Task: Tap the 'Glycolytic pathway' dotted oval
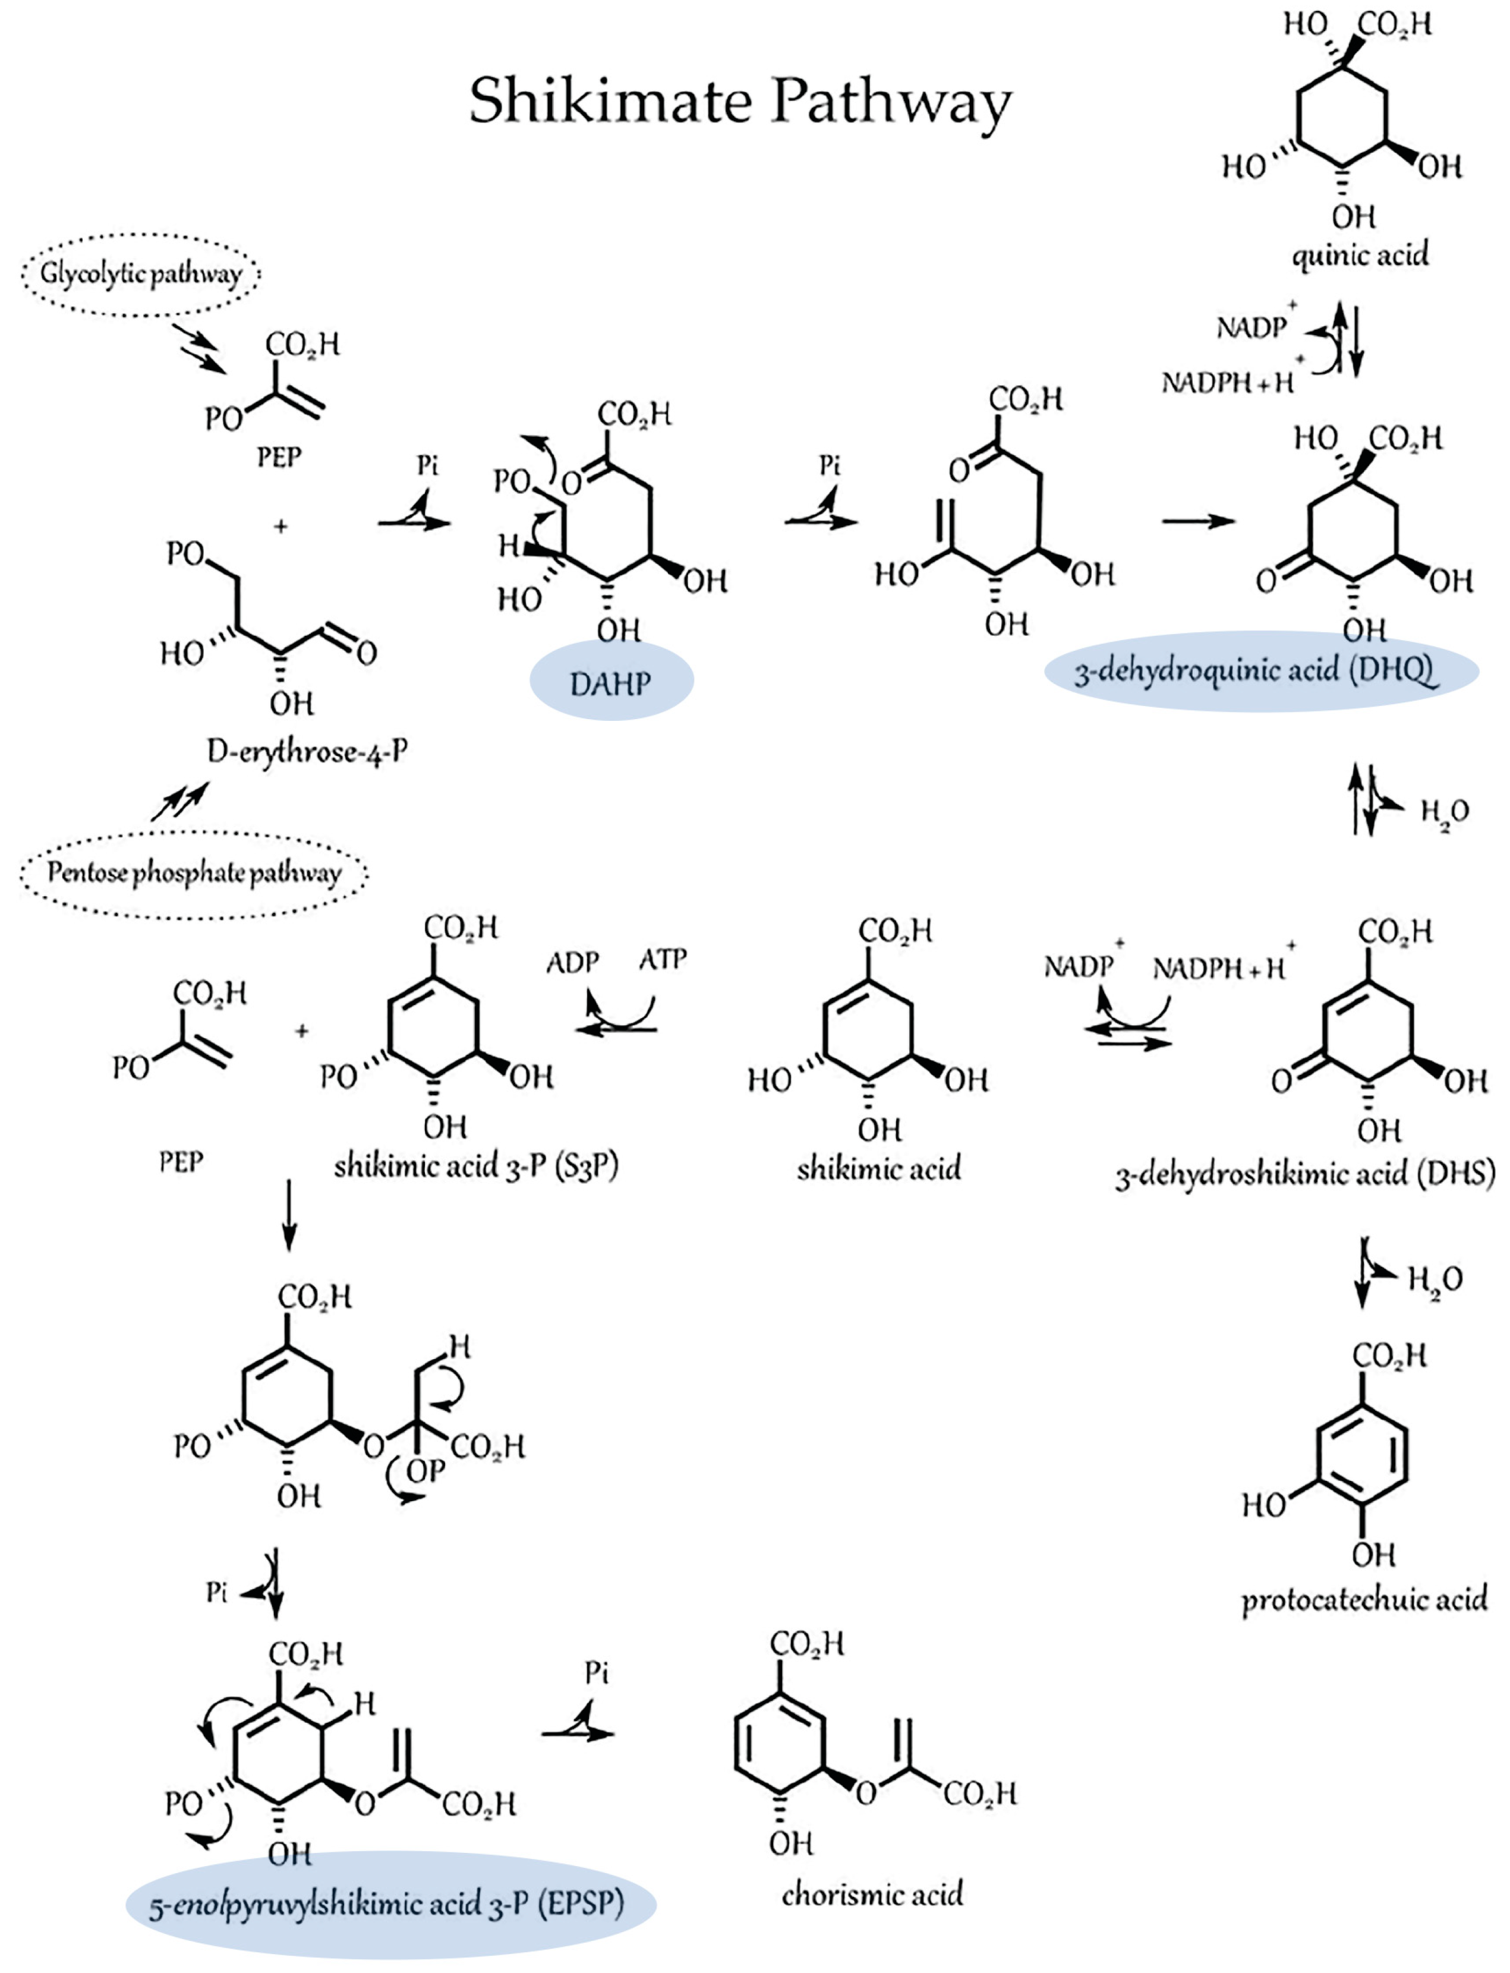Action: [x=141, y=273]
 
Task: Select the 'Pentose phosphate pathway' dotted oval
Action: [x=194, y=873]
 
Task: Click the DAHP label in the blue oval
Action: [x=610, y=684]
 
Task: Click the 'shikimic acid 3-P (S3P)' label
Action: [x=477, y=1166]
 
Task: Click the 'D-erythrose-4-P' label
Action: [x=307, y=751]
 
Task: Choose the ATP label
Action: [x=663, y=959]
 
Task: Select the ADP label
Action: [x=572, y=962]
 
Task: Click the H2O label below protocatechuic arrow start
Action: [x=1435, y=1278]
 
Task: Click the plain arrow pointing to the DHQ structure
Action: [x=1198, y=521]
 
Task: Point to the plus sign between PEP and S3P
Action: [x=302, y=1031]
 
